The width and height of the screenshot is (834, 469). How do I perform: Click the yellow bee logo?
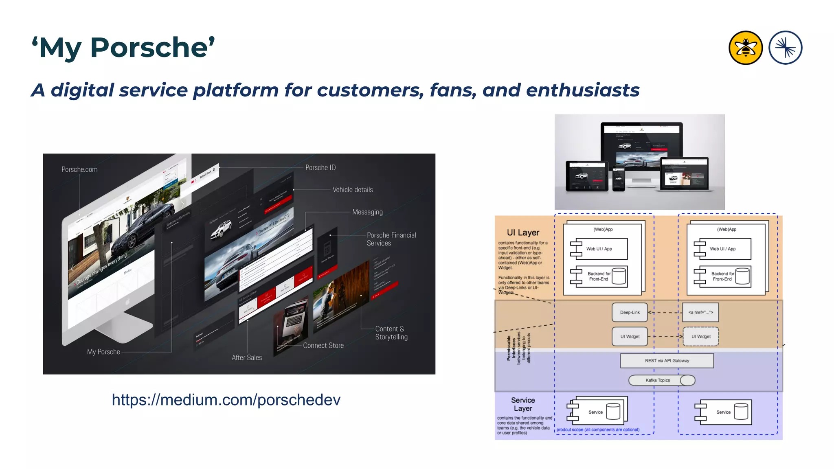pyautogui.click(x=745, y=48)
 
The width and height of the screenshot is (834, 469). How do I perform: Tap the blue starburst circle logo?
pyautogui.click(x=785, y=48)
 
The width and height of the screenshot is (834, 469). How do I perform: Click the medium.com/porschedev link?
pyautogui.click(x=226, y=400)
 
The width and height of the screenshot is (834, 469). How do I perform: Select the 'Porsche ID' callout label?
pyautogui.click(x=320, y=168)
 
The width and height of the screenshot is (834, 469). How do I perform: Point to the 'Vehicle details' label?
pyautogui.click(x=353, y=190)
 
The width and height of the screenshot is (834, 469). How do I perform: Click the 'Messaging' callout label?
pyautogui.click(x=367, y=212)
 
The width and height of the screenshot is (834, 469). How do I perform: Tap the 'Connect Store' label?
pyautogui.click(x=323, y=345)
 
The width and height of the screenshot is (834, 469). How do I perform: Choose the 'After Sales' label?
pyautogui.click(x=247, y=357)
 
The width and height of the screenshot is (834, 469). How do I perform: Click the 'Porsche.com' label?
pyautogui.click(x=79, y=169)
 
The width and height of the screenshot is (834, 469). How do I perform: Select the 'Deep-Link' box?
pyautogui.click(x=630, y=313)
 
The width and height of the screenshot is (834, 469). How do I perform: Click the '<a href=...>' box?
pyautogui.click(x=700, y=313)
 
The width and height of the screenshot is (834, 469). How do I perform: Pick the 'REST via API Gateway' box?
pyautogui.click(x=667, y=361)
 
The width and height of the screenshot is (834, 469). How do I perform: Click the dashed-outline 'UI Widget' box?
pyautogui.click(x=700, y=337)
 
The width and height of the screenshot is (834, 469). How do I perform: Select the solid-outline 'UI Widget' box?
pyautogui.click(x=630, y=337)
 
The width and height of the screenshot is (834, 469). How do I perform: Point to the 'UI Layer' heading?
pyautogui.click(x=523, y=232)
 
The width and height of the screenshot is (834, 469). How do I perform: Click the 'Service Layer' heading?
pyautogui.click(x=523, y=404)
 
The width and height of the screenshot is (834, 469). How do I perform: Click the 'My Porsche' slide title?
pyautogui.click(x=123, y=48)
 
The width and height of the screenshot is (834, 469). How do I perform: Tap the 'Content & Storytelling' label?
pyautogui.click(x=391, y=333)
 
